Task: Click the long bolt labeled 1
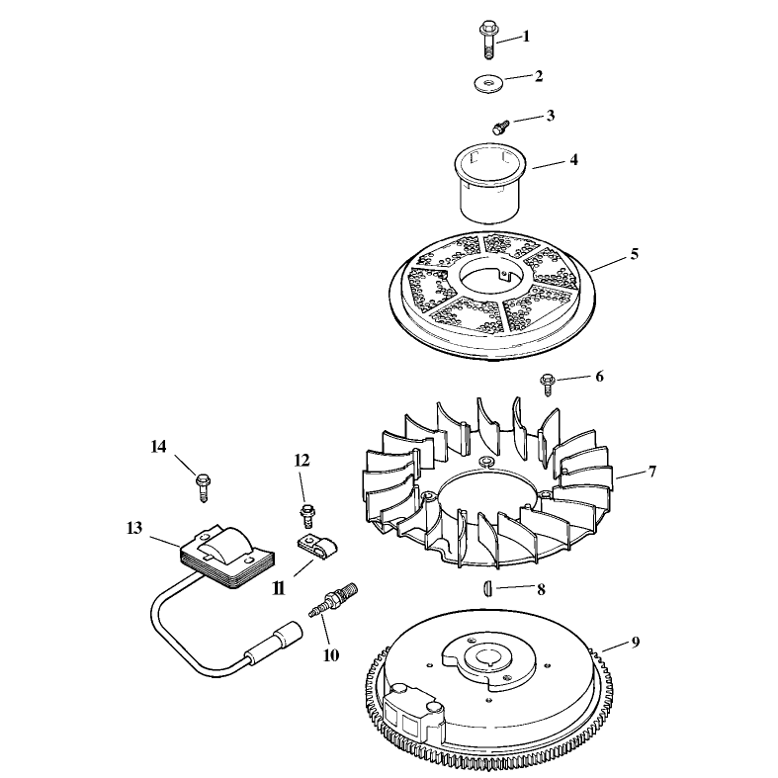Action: (488, 41)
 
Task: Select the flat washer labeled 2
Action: (488, 82)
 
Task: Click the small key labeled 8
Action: (487, 589)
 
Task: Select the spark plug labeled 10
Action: (332, 599)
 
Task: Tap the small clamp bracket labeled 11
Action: (316, 546)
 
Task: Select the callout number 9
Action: (636, 642)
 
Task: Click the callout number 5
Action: (634, 254)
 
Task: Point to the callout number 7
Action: (652, 472)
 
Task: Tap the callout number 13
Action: (134, 528)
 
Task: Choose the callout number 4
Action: (573, 160)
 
